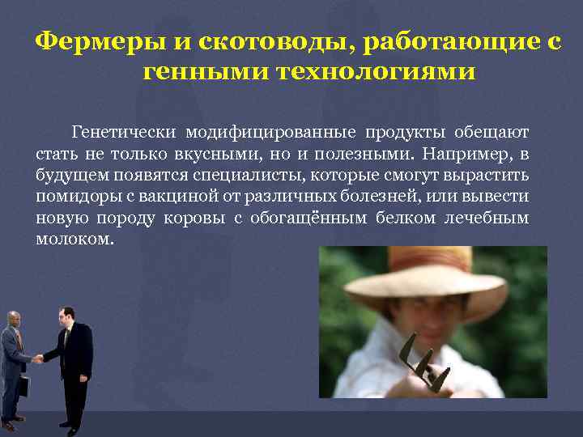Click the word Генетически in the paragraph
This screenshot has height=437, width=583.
(123, 131)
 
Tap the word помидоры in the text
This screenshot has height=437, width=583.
(72, 197)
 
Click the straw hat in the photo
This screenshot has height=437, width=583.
(421, 275)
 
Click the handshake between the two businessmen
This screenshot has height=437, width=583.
(38, 356)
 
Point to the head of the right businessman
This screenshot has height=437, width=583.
(68, 314)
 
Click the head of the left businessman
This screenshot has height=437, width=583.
(13, 318)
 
